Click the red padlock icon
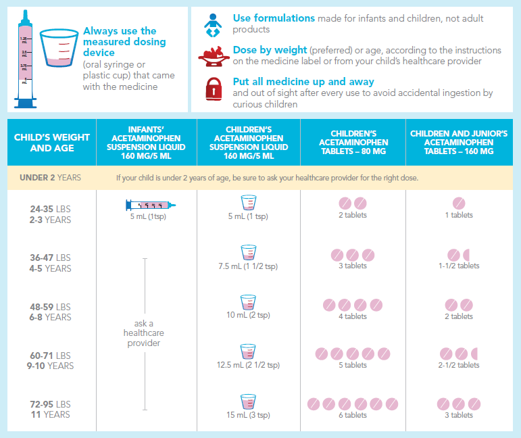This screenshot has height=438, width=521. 214,90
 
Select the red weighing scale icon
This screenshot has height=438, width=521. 213,57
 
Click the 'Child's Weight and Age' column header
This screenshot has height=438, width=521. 51,143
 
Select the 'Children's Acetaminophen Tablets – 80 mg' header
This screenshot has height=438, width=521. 353,143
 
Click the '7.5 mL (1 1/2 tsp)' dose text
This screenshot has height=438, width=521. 248,266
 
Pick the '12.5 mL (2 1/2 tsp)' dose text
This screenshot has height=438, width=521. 248,365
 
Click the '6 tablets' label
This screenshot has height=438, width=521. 353,415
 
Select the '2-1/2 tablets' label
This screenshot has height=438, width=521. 459,365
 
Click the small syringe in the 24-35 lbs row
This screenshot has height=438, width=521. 151,205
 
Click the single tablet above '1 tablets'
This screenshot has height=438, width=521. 459,203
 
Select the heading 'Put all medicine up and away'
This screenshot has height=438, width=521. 303,82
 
